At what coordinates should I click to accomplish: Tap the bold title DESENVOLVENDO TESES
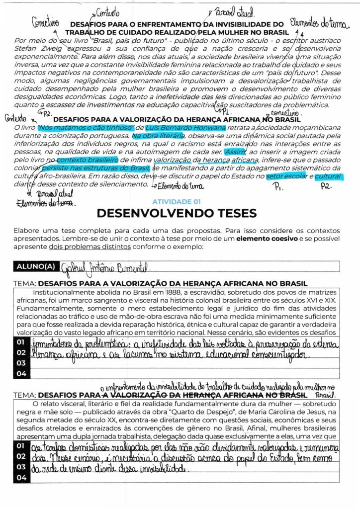(x=177, y=213)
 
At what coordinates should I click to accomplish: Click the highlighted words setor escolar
(x=286, y=176)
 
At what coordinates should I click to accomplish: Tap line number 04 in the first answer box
(x=20, y=373)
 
